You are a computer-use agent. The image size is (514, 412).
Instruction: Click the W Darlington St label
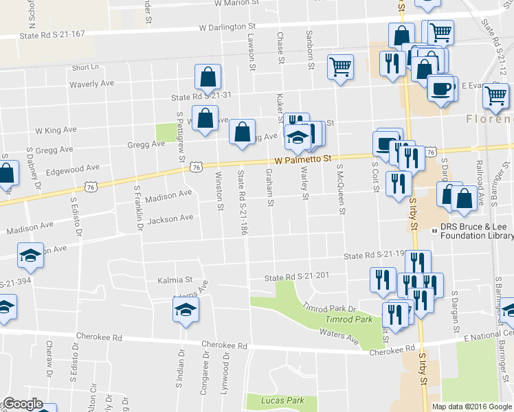pyautogui.click(x=227, y=27)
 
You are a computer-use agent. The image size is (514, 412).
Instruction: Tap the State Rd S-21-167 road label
pyautogui.click(x=52, y=34)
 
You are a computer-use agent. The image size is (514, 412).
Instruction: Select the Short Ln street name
pyautogui.click(x=85, y=67)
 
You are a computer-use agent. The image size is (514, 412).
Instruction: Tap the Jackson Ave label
pyautogui.click(x=170, y=219)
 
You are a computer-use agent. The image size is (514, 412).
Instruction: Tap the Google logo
pyautogui.click(x=23, y=404)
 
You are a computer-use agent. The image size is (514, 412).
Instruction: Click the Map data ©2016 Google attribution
pyautogui.click(x=471, y=407)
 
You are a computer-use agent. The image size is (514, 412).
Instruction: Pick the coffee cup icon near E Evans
pyautogui.click(x=441, y=89)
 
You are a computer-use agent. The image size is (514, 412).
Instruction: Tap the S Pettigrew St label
pyautogui.click(x=181, y=137)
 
